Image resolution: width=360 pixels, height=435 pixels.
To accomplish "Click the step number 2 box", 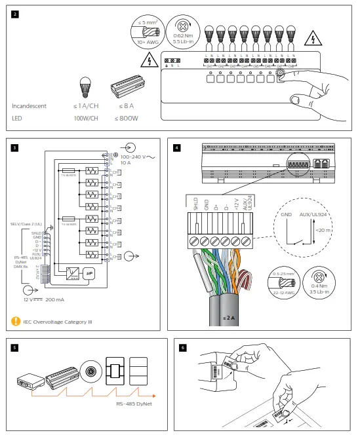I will point(15,14).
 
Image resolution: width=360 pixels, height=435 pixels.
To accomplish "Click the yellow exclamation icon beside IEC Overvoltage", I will point(15,321).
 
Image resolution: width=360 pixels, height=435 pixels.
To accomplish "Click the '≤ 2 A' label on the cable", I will point(227,318).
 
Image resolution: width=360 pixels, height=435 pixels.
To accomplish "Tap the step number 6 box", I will point(184,348).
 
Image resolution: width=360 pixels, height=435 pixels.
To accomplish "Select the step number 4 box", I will point(177,147).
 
